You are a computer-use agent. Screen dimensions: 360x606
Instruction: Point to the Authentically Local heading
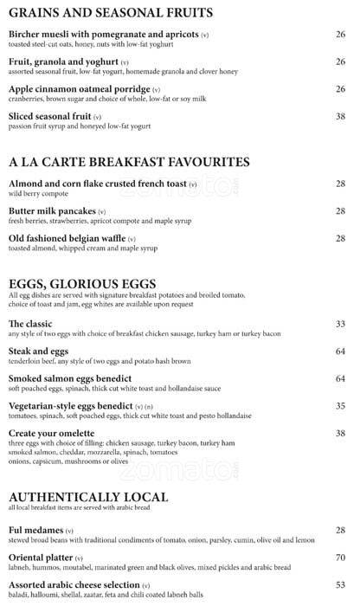click(89, 497)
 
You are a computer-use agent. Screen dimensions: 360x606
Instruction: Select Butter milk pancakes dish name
click(51, 211)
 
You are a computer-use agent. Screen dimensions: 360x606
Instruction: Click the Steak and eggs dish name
click(39, 351)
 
